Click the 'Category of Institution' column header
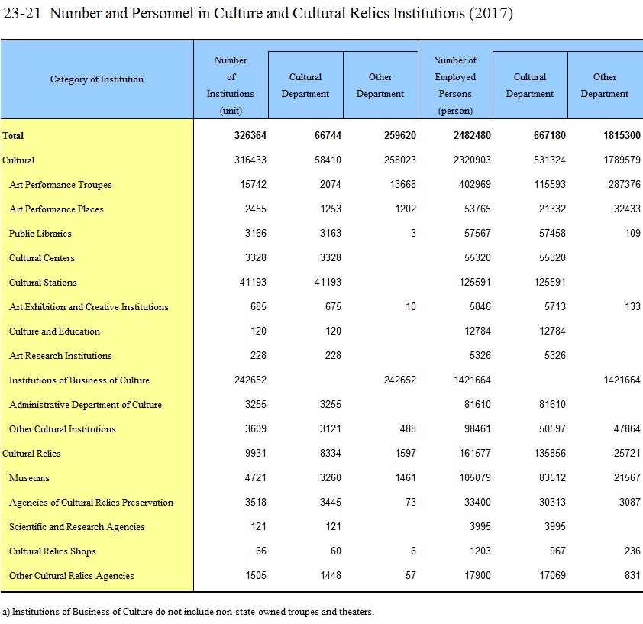97,79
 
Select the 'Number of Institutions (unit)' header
231,86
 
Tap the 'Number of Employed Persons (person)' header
455,86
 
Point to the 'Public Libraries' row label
40,234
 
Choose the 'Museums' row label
29,478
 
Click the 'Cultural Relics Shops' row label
53,551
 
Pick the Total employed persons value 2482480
472,135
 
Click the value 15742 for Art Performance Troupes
253,184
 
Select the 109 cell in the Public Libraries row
633,233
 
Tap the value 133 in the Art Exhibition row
633,306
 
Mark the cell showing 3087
630,502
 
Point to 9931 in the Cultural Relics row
256,454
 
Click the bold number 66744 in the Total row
328,135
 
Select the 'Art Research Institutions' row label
60,356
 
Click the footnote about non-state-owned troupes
188,612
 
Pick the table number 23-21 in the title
22,13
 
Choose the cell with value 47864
627,428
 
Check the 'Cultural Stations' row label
43,283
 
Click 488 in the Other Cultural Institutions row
408,428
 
